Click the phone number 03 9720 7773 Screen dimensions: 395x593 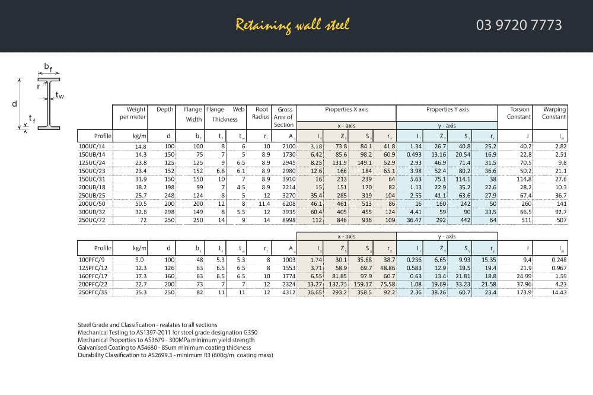[518, 25]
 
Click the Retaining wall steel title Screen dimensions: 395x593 [292, 25]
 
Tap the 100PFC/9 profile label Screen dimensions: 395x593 [91, 260]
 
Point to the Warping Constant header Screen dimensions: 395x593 [554, 113]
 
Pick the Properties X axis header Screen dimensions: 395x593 [346, 109]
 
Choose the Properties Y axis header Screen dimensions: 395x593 [447, 109]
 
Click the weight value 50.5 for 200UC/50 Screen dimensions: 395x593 [141, 203]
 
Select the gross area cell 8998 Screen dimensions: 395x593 [286, 219]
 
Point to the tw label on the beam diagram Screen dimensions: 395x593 [60, 95]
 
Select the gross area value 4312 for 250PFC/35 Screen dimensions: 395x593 [286, 292]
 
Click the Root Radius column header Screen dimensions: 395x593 [262, 113]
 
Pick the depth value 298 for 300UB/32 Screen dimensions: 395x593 [169, 211]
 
